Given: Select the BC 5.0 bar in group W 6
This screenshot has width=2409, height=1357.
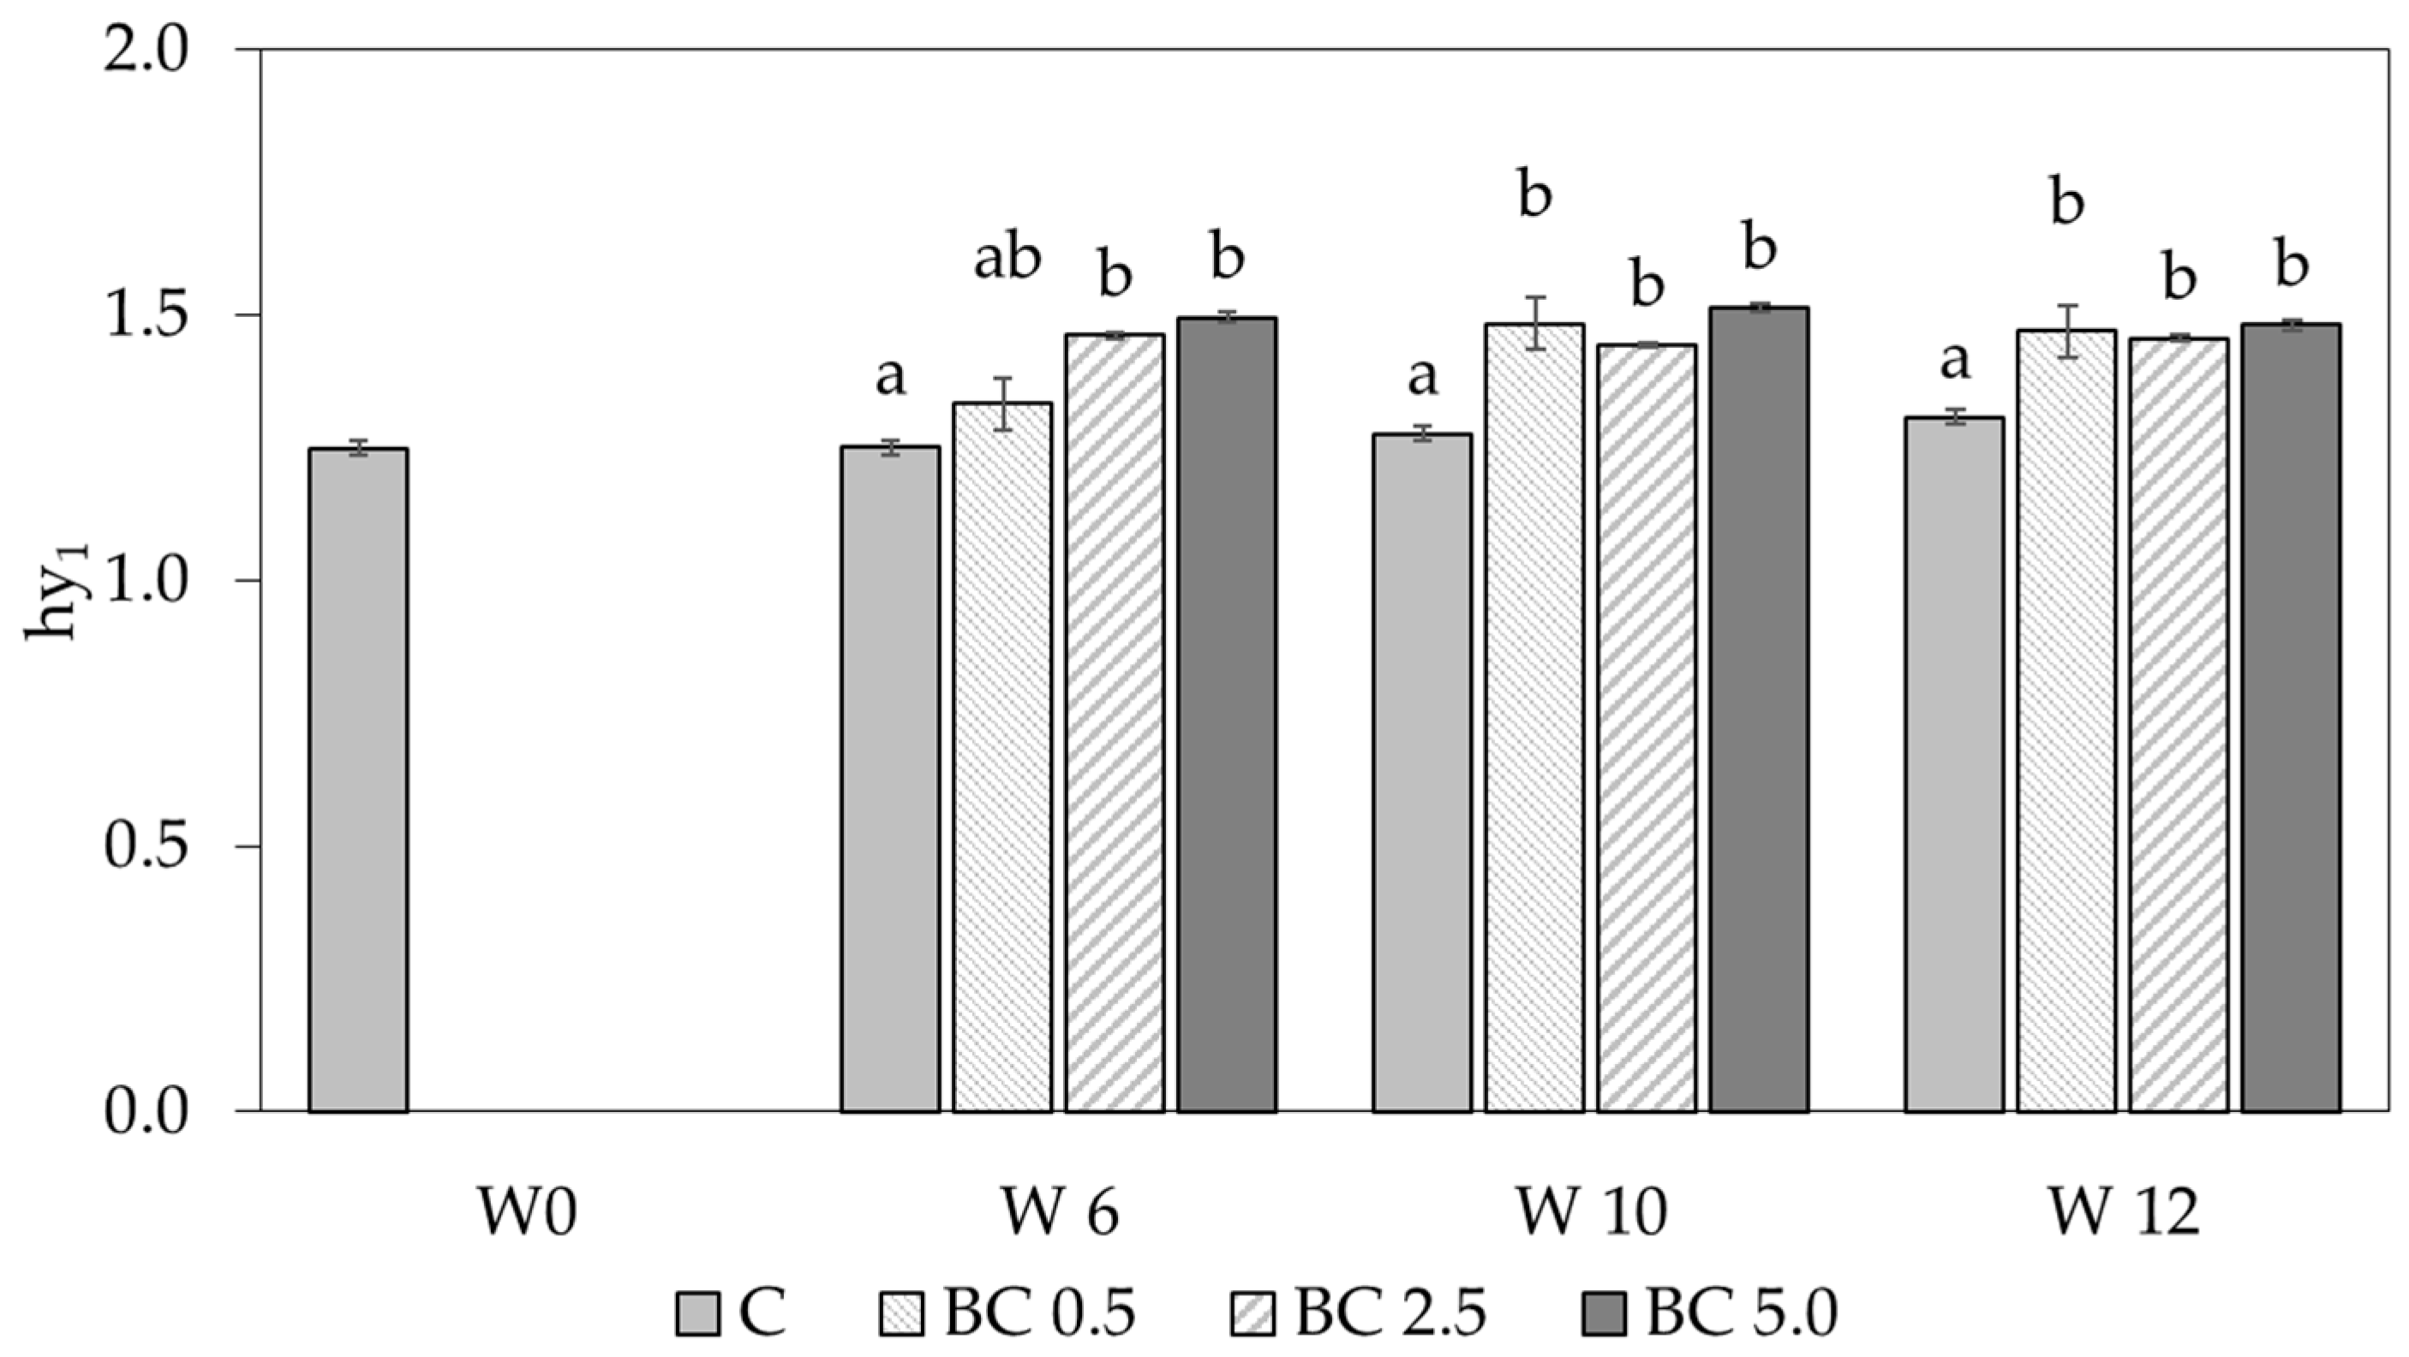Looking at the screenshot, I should (x=1226, y=715).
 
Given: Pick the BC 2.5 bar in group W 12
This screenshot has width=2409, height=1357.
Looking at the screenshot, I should (x=2178, y=725).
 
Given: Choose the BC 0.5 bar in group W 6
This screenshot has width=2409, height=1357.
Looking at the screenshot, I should (x=1002, y=757).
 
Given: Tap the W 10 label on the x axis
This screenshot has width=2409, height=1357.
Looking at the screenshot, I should (x=1592, y=1214).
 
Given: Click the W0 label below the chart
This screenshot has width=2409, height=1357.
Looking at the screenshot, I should (x=528, y=1214).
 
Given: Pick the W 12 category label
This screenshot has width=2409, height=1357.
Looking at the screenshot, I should (x=2124, y=1214).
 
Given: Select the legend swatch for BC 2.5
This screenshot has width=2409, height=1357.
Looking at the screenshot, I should (x=1250, y=1315).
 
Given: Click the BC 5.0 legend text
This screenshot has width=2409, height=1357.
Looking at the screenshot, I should (x=1742, y=1313).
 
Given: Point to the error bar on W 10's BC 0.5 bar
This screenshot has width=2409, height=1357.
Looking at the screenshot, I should (x=1533, y=323).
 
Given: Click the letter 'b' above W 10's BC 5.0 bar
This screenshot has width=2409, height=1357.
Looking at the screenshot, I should (x=1759, y=248).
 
